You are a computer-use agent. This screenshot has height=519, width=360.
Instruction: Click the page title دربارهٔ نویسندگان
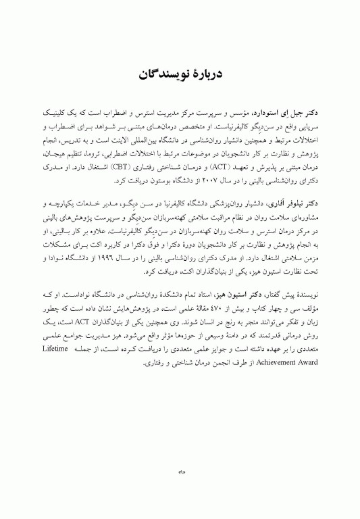pyautogui.click(x=180, y=72)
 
